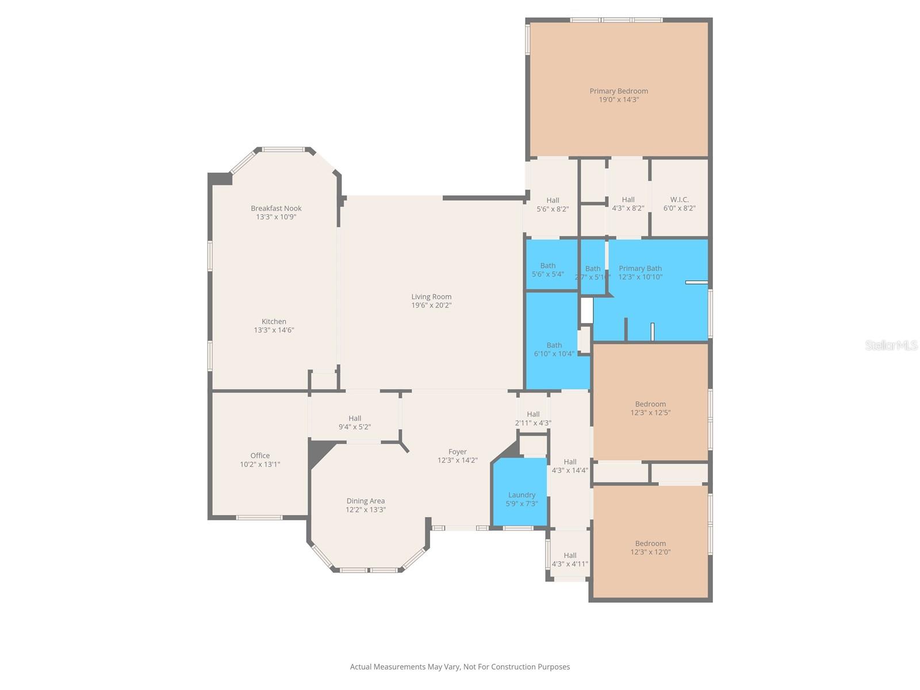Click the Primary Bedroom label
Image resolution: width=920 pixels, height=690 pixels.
pos(619,91)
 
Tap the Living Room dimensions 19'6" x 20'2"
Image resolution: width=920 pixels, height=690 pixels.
pos(431,305)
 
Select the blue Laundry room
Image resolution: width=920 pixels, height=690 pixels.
pos(521,494)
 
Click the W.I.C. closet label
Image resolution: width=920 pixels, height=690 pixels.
pos(679,200)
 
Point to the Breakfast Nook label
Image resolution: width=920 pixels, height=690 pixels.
pos(276,208)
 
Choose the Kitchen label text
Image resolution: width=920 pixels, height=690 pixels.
pos(274,321)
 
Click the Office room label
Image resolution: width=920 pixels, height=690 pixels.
pos(260,455)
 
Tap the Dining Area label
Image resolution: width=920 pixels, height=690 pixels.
pos(365,501)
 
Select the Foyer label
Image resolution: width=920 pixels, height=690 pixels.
pos(458,452)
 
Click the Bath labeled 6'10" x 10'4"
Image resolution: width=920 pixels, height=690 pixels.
pos(554,350)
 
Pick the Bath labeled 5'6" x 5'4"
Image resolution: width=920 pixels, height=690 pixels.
pos(547,270)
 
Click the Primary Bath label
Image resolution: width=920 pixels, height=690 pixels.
pos(640,269)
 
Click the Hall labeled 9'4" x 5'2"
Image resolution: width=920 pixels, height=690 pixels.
pos(354,423)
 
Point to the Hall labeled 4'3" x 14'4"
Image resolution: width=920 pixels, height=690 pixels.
pos(570,466)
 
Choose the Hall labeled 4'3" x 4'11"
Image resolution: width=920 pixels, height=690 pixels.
pos(570,559)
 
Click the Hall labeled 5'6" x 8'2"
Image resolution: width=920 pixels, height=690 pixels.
pos(553,205)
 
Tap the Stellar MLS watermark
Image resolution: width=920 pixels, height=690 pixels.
pos(891,345)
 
